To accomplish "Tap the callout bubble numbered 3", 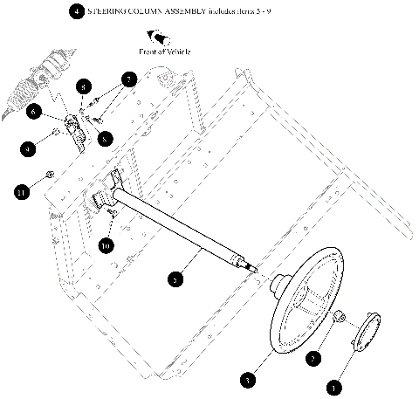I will pyautogui.click(x=249, y=380).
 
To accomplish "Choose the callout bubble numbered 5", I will pyautogui.click(x=175, y=279).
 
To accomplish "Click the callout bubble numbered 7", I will pyautogui.click(x=128, y=80).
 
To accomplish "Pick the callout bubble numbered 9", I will pyautogui.click(x=28, y=149).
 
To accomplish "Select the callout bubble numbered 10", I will pyautogui.click(x=106, y=246).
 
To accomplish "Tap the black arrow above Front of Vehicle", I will pyautogui.click(x=159, y=38).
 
